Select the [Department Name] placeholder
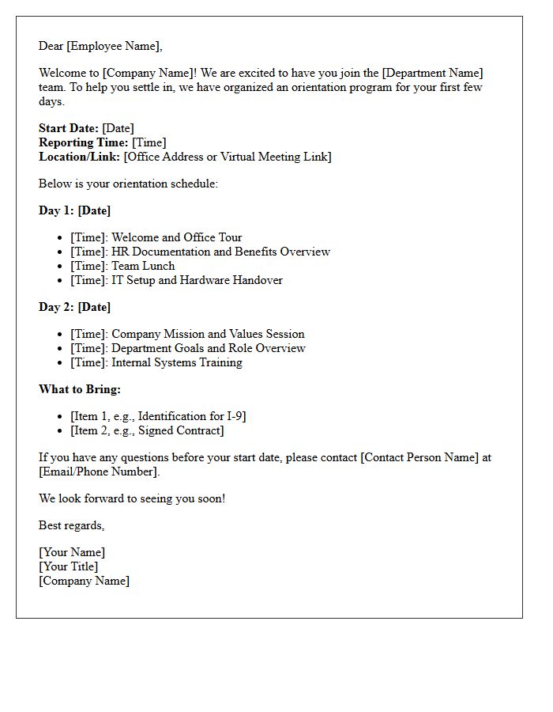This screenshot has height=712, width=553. [432, 73]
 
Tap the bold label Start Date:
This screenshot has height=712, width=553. [69, 128]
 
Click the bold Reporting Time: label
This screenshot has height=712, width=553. [83, 142]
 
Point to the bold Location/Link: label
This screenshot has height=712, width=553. [79, 157]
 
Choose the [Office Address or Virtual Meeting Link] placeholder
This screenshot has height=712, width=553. [228, 157]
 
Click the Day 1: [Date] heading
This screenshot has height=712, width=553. [74, 210]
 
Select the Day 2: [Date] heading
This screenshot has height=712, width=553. [74, 307]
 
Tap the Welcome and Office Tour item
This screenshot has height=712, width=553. [176, 237]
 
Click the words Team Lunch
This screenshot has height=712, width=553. [143, 266]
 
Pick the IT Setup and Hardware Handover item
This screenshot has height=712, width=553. [197, 280]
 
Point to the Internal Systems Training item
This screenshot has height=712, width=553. [177, 362]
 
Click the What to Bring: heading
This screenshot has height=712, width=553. [80, 389]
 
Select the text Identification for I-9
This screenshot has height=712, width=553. [192, 416]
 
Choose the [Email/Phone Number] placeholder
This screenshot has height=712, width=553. [99, 472]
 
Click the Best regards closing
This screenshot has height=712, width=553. [71, 525]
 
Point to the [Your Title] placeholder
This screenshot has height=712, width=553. [69, 566]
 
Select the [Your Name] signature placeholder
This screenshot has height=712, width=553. [72, 552]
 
